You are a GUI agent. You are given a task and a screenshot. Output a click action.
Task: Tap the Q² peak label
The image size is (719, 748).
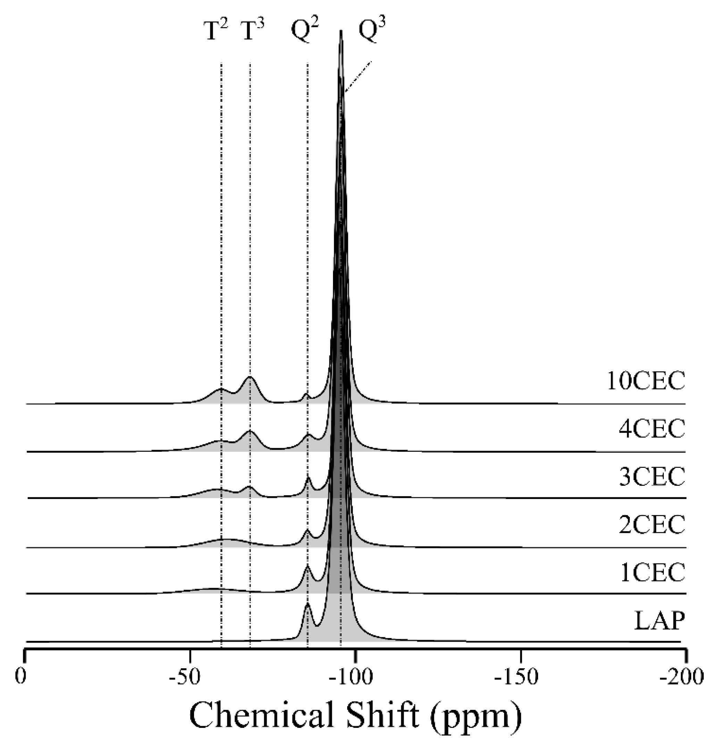pos(305,31)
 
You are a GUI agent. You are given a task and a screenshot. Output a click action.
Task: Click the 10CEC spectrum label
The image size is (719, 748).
pos(646,381)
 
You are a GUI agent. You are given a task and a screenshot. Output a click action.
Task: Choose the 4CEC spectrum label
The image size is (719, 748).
pos(652,428)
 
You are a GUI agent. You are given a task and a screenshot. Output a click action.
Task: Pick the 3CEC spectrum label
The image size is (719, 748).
pos(652,476)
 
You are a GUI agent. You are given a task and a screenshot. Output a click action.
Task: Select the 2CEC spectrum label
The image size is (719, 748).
pos(652,524)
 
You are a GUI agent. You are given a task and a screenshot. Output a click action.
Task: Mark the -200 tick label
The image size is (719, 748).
pos(682,677)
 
